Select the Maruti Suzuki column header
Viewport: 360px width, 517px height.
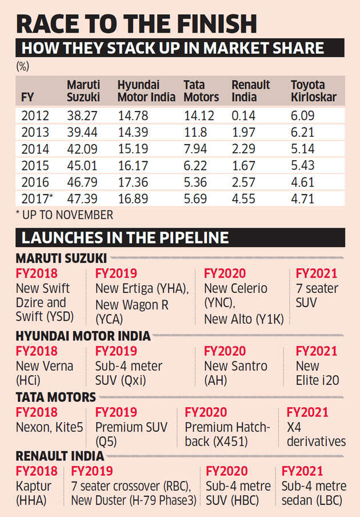point(84,92)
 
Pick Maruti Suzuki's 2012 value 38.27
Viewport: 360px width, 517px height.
point(83,116)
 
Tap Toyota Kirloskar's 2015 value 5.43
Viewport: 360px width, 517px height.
point(303,168)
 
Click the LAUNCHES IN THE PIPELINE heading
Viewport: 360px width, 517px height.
point(125,238)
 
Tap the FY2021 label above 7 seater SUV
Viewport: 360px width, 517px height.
point(316,274)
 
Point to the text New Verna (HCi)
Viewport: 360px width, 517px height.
point(44,373)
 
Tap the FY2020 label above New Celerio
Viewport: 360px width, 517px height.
point(225,274)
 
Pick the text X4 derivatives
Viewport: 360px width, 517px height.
point(316,434)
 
